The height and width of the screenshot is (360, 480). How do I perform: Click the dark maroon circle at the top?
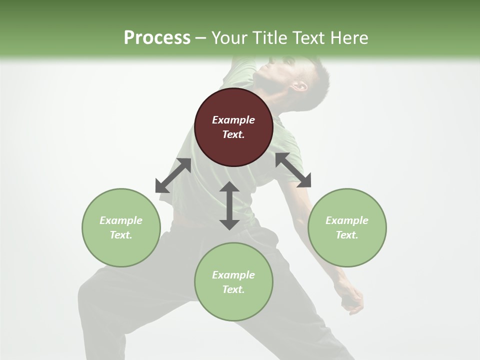233,127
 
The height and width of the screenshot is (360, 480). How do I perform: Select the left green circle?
121,227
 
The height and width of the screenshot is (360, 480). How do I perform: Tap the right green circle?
347,227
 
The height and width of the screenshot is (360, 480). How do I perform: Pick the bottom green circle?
233,282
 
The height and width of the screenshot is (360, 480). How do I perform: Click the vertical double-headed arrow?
229,205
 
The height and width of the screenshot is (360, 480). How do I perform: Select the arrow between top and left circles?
173,175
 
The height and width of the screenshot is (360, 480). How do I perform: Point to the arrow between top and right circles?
293,170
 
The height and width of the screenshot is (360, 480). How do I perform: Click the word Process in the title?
157,37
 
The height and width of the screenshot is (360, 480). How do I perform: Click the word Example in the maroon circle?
233,120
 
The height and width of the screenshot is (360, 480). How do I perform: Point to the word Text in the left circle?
120,235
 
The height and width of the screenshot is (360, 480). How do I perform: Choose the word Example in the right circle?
347,220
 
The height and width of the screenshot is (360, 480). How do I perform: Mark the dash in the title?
201,38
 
